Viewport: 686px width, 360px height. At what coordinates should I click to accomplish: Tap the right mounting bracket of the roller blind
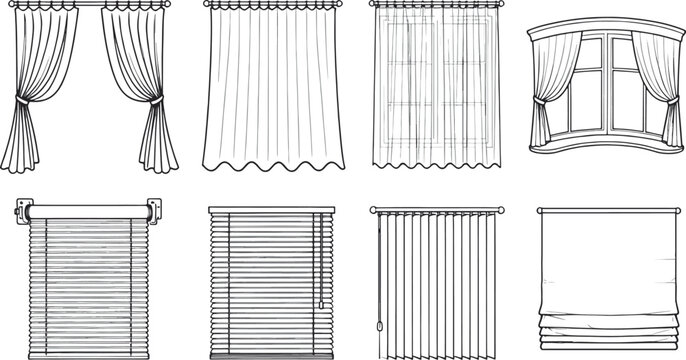tap(151, 209)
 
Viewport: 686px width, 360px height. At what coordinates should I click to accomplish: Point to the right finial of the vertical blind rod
tap(501, 211)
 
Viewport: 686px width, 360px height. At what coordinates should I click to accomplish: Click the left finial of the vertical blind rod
tap(371, 211)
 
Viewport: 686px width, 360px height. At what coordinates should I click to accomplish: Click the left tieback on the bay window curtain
tap(538, 100)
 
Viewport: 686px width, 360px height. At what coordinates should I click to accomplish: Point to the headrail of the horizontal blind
tap(268, 211)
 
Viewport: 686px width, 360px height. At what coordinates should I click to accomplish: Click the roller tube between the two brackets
tap(88, 209)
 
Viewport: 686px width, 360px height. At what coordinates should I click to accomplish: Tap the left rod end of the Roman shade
tap(539, 211)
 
